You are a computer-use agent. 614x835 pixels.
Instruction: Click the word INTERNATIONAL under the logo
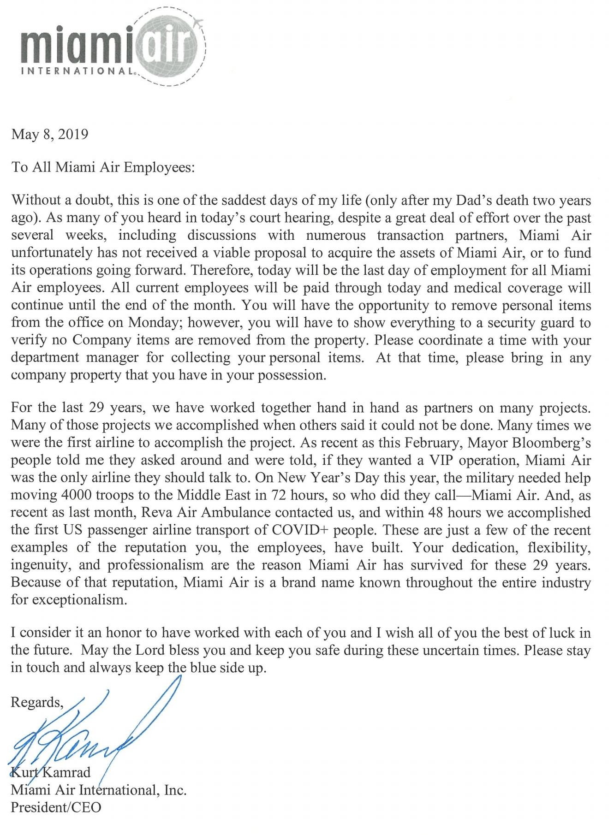click(x=78, y=72)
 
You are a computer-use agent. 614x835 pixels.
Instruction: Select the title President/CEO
click(x=56, y=807)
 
